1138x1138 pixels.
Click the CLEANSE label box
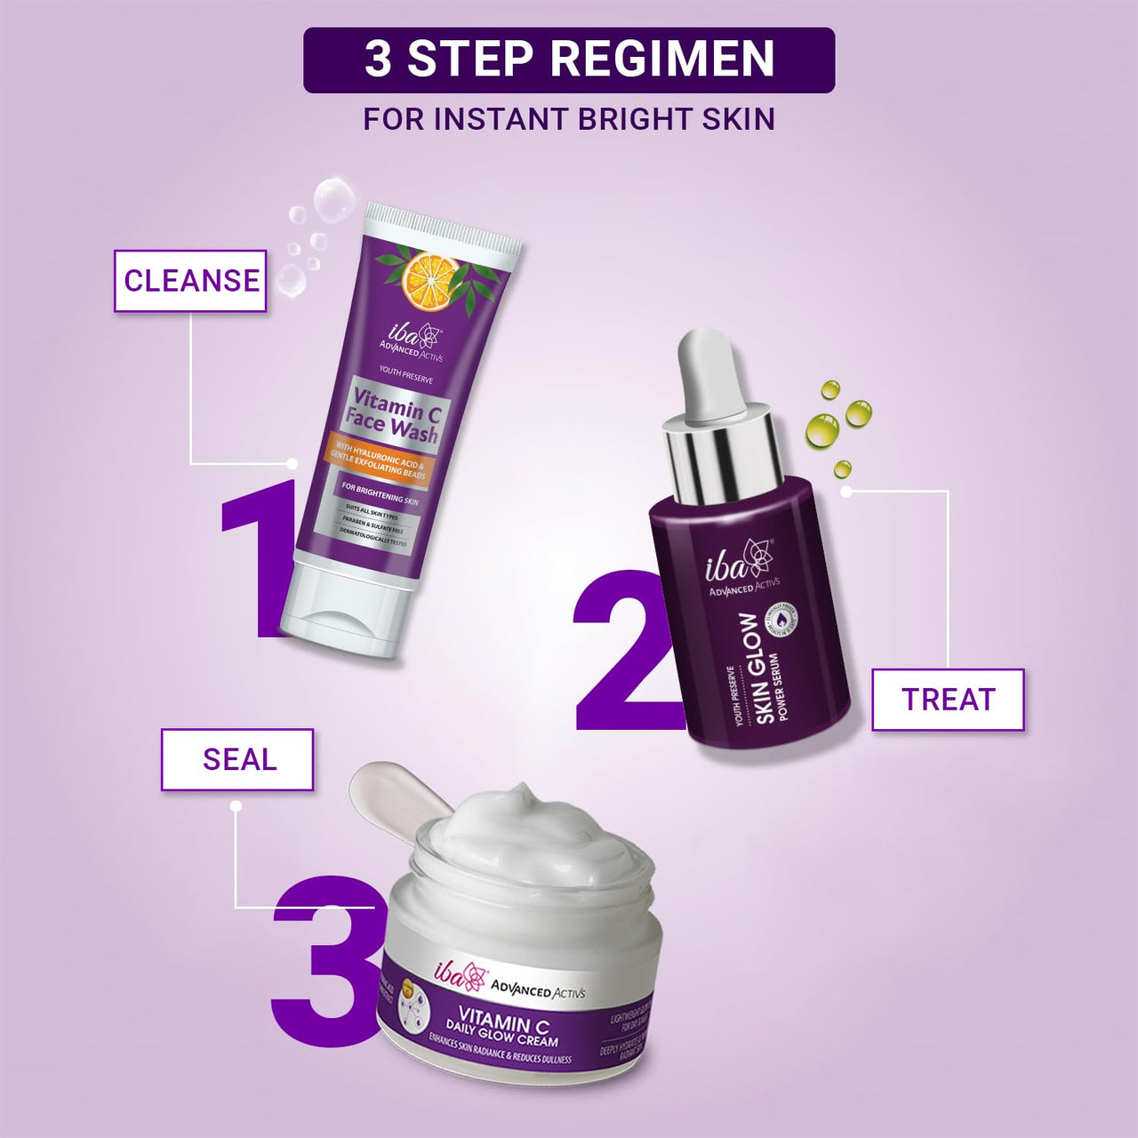(x=190, y=281)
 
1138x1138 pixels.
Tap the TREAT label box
(x=948, y=700)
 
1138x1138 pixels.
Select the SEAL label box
(x=237, y=759)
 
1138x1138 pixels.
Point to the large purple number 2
(x=622, y=658)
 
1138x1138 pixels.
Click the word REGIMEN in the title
(x=661, y=60)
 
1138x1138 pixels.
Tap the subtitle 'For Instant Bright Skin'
(x=569, y=119)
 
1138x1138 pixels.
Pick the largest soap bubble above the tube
(x=334, y=199)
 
